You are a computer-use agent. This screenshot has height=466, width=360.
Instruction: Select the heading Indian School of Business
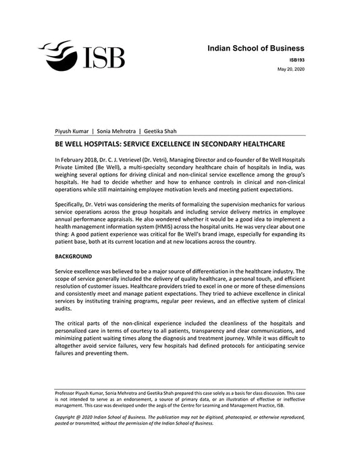tap(255, 49)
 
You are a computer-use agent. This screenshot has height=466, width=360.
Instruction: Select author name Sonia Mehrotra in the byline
tap(115, 131)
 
